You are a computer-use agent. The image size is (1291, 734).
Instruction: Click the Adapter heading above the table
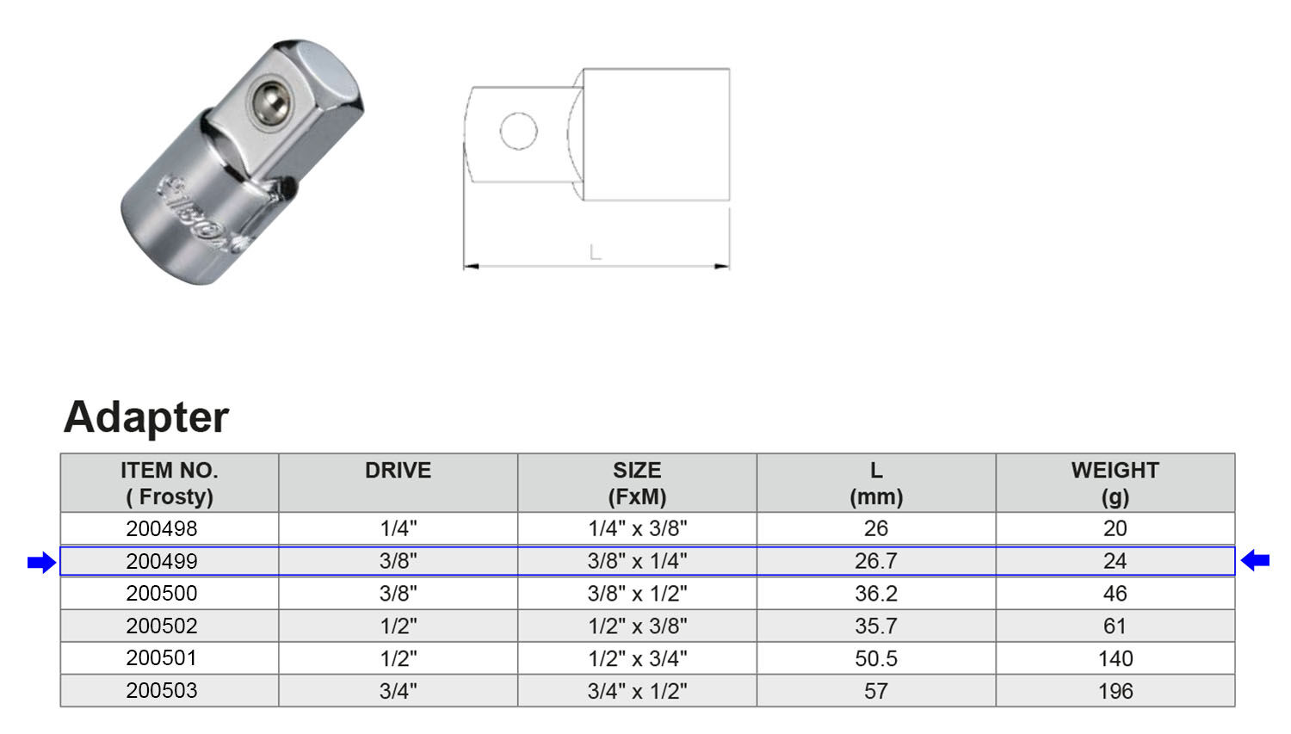coord(146,417)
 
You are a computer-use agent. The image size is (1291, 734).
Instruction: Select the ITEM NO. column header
coord(170,483)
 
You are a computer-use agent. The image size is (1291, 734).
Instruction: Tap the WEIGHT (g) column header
coord(1115,483)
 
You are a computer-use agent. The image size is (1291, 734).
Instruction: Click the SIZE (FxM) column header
coord(637,483)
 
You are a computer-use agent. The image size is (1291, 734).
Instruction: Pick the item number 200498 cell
coord(162,528)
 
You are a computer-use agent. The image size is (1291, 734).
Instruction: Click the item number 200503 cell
coord(162,691)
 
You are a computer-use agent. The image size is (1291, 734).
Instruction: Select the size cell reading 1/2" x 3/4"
coord(637,658)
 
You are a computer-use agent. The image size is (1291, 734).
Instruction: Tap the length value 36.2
coord(875,594)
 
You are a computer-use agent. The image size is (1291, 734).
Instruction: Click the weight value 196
coord(1115,691)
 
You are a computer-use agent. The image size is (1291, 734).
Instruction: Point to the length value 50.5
coord(875,658)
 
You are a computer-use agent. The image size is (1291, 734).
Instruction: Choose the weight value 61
coord(1115,626)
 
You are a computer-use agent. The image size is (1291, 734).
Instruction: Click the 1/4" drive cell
coord(398,528)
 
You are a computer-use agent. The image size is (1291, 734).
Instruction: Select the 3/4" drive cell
coord(398,691)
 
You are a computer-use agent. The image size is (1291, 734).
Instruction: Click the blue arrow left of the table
coord(41,563)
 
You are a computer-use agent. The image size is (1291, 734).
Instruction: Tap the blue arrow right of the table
coord(1255,560)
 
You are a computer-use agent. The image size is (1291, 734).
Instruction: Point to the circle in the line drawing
coord(518,132)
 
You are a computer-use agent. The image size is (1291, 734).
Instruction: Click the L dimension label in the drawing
coord(595,252)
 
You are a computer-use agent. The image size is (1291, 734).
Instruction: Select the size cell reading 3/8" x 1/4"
coord(637,561)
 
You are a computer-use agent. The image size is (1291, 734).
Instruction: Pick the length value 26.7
coord(875,561)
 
